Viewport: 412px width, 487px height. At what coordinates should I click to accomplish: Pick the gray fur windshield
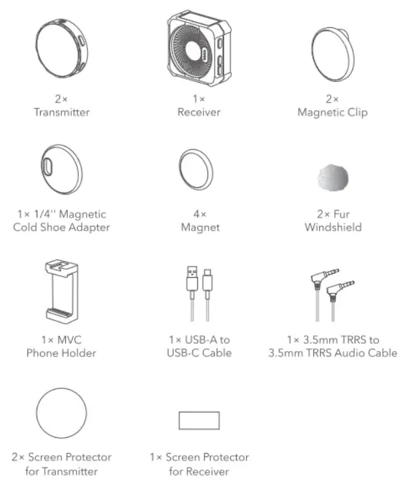pos(333,176)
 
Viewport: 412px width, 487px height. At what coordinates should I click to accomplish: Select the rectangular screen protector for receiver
pos(199,420)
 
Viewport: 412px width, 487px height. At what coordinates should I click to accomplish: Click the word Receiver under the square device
pos(199,112)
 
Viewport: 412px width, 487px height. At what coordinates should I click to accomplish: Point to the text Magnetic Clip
pos(332,112)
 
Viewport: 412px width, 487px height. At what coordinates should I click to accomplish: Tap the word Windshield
pos(333,227)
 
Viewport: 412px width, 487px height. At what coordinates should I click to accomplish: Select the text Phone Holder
pos(61,352)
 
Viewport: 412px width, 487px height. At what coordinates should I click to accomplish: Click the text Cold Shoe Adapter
pos(61,227)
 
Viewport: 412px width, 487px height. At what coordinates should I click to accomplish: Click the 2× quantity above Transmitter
pos(61,99)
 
